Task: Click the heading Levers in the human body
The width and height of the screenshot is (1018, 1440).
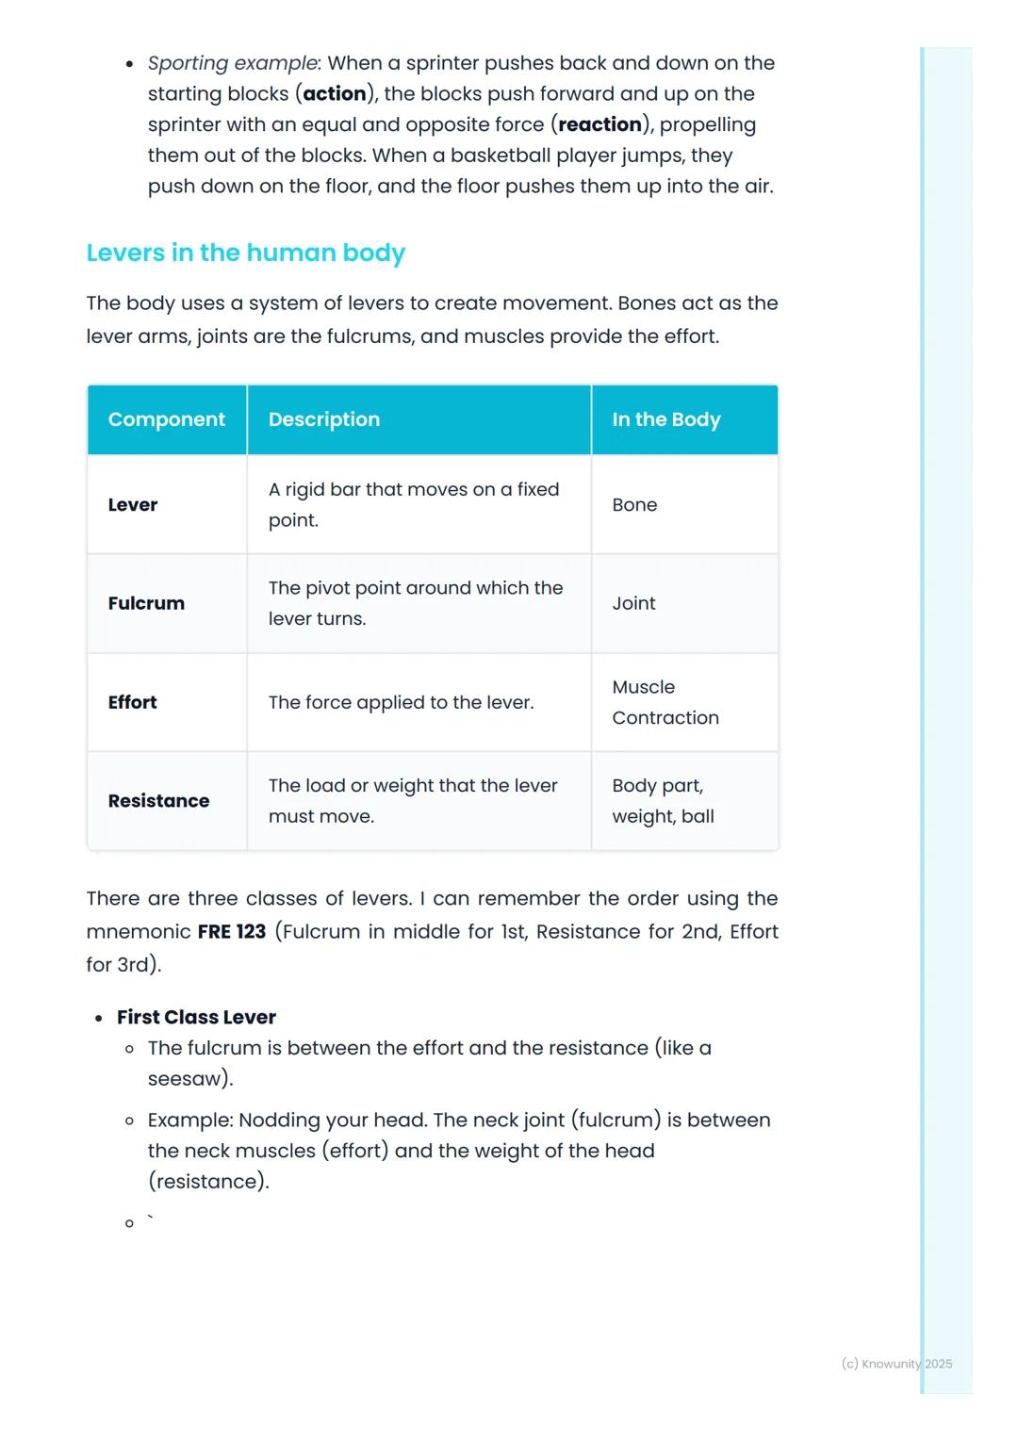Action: [245, 253]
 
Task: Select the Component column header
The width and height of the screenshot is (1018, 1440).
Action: [166, 419]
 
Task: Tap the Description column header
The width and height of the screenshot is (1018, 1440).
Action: [323, 419]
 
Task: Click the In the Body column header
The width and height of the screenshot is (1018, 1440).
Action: [665, 419]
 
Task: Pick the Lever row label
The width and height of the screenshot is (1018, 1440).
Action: [133, 505]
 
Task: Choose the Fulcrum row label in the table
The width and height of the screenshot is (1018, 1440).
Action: [146, 603]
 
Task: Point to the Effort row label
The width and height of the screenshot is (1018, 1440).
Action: [132, 702]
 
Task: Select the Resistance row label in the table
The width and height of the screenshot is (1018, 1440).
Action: [158, 801]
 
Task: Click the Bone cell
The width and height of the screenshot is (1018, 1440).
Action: [634, 505]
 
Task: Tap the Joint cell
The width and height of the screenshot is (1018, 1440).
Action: [633, 603]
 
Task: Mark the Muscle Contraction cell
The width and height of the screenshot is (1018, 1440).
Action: [665, 702]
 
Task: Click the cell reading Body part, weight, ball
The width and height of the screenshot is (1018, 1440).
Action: [663, 801]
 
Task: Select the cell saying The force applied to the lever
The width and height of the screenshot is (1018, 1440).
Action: [401, 702]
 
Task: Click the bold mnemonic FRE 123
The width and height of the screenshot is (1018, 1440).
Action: [232, 932]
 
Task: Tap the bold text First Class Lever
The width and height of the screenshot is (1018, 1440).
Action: [196, 1017]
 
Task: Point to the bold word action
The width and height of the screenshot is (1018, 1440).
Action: [335, 94]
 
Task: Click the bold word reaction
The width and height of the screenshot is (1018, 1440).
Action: [599, 124]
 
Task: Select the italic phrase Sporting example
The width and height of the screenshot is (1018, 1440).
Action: [232, 63]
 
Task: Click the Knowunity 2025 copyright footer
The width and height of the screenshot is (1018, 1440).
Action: [896, 1364]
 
